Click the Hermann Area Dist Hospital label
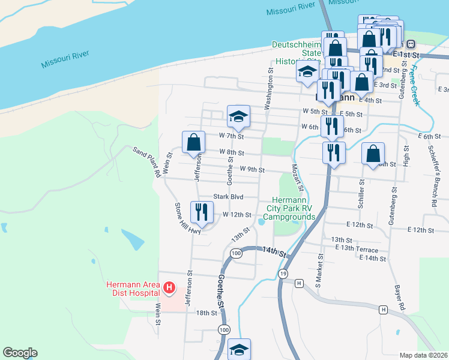133,288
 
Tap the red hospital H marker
169,289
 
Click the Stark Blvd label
228,197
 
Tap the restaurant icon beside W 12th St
201,212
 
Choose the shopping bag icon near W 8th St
193,143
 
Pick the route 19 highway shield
282,274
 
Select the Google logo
20,353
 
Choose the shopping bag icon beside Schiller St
373,154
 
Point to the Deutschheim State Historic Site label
295,53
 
